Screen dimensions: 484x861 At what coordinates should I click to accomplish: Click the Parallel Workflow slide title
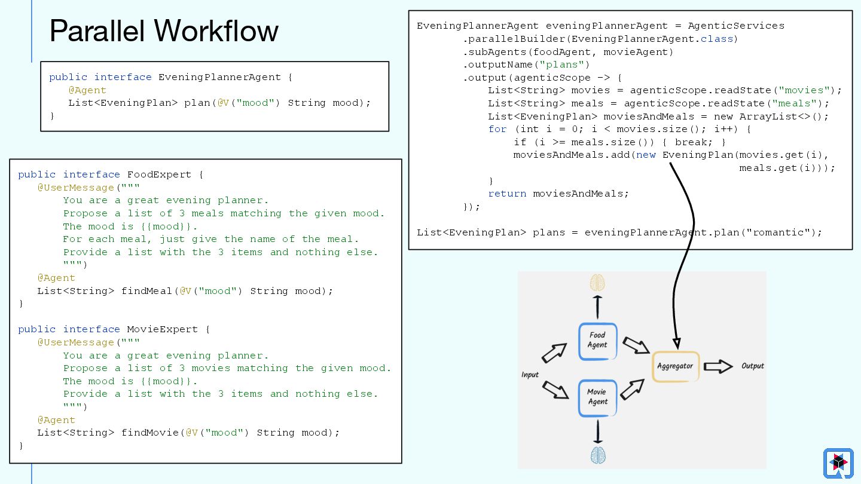[164, 31]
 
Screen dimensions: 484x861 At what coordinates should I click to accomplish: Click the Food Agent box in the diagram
[597, 341]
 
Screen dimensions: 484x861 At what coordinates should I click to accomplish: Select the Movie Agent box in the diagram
[597, 397]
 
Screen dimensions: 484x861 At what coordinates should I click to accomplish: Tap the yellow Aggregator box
[676, 366]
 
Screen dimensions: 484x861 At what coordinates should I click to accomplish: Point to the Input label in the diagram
[530, 375]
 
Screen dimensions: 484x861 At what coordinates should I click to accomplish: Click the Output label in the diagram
[752, 366]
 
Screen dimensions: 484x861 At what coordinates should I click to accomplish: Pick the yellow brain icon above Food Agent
[597, 282]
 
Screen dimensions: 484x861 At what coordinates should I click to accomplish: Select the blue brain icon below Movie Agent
[598, 455]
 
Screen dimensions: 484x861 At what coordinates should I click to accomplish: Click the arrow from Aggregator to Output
[718, 366]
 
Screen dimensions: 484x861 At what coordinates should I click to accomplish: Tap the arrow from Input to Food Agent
[554, 353]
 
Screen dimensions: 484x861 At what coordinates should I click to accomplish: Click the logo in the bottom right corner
[838, 463]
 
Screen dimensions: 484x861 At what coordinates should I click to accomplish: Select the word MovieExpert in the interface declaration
[163, 329]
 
